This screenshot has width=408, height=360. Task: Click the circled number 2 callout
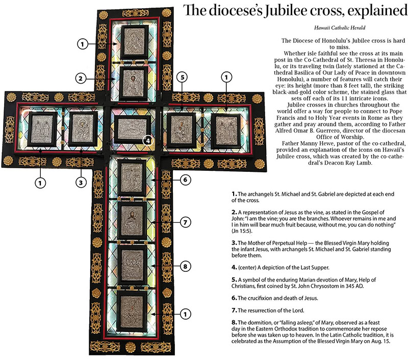point(80,79)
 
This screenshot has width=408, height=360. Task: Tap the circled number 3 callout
point(80,181)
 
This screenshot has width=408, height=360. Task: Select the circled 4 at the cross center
point(147,139)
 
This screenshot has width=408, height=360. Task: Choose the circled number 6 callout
point(186,180)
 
